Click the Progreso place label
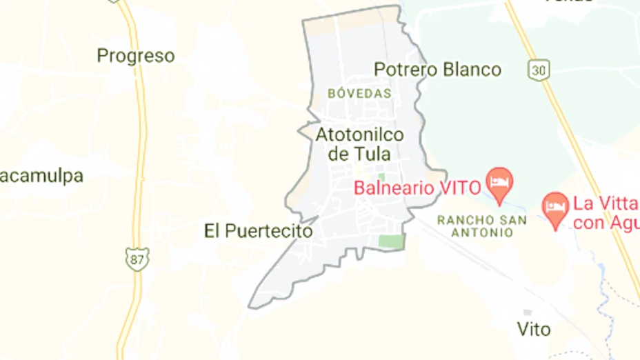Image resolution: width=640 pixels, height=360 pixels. (136, 56)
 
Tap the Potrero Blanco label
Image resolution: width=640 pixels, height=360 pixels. (437, 70)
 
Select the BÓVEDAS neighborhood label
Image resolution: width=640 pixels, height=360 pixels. (359, 93)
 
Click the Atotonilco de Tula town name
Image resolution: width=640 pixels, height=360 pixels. (359, 143)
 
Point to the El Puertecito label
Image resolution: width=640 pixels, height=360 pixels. (259, 231)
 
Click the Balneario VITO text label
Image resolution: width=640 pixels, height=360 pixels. (417, 187)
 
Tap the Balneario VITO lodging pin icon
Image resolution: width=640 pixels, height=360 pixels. (499, 181)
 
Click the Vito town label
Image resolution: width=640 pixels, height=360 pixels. (534, 330)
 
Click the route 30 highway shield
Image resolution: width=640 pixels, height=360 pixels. (539, 69)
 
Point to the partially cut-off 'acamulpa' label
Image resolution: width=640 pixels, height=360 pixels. (41, 176)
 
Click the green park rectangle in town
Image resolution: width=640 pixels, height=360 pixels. (390, 241)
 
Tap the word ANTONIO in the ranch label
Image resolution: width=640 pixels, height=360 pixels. (483, 233)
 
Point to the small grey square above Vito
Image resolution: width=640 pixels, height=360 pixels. (528, 312)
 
